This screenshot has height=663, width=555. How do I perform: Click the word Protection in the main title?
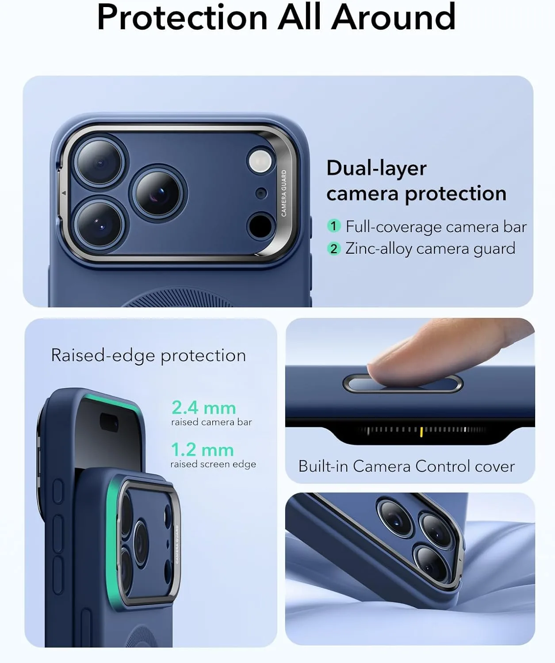182,18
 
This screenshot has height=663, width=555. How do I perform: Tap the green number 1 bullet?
334,226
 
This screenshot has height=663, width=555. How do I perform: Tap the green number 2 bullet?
334,248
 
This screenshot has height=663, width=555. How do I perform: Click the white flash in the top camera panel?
260,160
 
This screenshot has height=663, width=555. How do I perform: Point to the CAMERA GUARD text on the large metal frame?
284,193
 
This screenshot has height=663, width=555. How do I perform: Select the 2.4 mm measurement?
203,408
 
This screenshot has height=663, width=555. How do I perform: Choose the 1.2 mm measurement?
202,450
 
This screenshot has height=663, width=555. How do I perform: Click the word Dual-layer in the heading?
376,168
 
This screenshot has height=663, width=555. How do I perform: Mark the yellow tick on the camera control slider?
421,431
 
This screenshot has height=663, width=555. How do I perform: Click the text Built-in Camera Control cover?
406,466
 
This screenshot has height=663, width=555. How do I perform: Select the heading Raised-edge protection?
148,355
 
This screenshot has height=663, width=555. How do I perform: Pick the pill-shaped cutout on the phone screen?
109,423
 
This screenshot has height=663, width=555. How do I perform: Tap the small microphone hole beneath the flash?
261,193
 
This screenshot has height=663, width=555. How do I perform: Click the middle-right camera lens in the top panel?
158,193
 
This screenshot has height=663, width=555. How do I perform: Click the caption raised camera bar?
211,422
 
